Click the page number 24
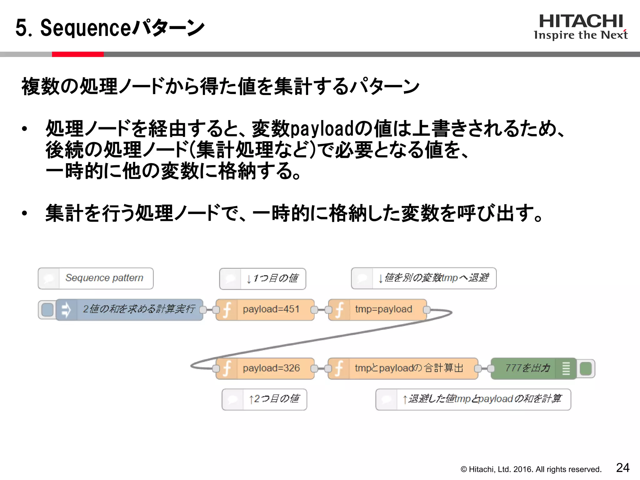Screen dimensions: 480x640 [622, 467]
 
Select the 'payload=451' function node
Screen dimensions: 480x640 [265, 309]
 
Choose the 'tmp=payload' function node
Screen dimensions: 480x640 [377, 309]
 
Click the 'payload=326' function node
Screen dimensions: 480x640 [265, 368]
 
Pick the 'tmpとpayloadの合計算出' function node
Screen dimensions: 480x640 [403, 368]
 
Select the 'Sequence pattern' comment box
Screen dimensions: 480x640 [96, 278]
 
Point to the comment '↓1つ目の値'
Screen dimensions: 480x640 [262, 278]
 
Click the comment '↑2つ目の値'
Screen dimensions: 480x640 [264, 399]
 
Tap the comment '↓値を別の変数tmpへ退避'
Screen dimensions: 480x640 [424, 278]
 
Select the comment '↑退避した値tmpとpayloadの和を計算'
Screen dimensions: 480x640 [473, 399]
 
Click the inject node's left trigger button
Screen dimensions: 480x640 [47, 310]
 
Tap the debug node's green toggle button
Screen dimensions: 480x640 [586, 368]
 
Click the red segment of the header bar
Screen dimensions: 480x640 [77, 54]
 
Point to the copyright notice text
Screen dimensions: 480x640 [531, 469]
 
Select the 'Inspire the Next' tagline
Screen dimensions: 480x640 [581, 35]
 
